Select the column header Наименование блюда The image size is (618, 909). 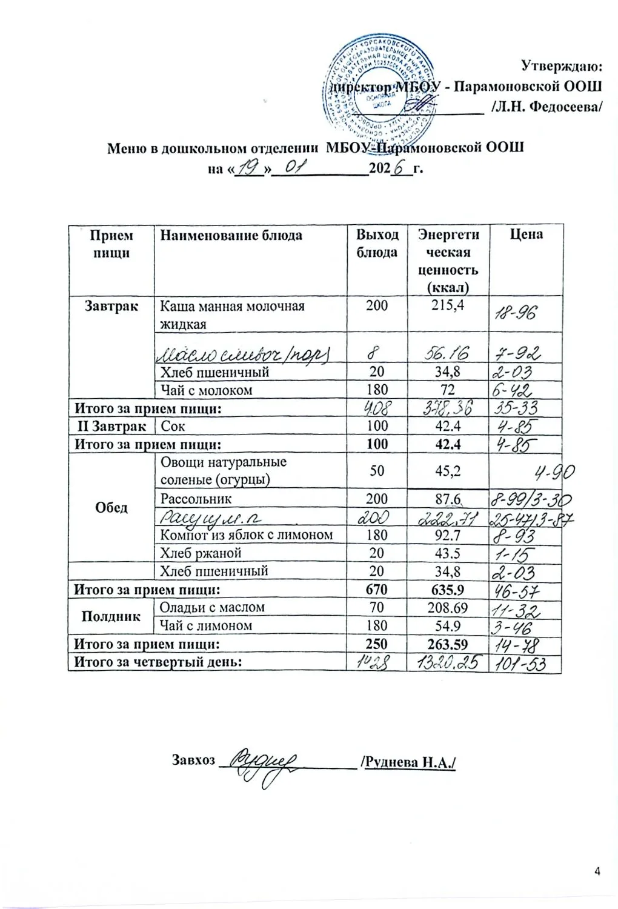[x=231, y=235]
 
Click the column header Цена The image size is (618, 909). [x=525, y=235]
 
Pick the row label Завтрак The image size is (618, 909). [x=111, y=306]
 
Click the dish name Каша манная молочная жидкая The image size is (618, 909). [x=231, y=315]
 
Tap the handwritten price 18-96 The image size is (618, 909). [x=515, y=313]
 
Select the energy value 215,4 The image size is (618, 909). [x=448, y=305]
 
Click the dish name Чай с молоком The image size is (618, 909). [x=206, y=390]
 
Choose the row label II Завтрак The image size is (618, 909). [x=112, y=426]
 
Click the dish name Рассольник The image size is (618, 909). [x=196, y=499]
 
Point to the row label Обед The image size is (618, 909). [x=111, y=507]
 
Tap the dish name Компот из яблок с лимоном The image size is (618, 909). [x=246, y=535]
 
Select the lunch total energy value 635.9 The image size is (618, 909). [x=448, y=589]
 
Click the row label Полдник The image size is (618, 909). [x=111, y=616]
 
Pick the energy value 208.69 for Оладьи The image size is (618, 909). [x=448, y=607]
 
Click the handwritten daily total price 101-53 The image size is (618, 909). [x=520, y=664]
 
